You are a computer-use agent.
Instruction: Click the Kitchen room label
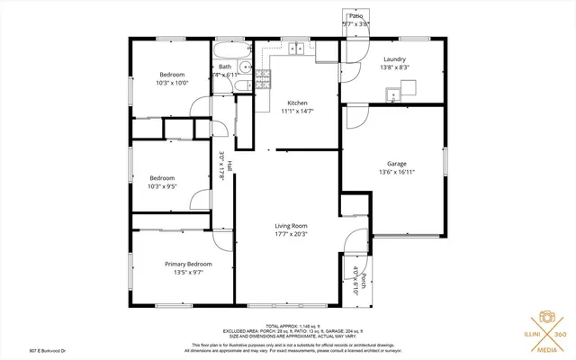(298, 103)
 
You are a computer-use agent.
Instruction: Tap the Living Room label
(291, 226)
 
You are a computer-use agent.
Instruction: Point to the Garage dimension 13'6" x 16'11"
(396, 172)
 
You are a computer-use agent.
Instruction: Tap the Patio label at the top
(355, 16)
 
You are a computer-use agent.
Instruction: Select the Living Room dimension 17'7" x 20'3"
(291, 235)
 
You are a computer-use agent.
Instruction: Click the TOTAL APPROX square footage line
(294, 324)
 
